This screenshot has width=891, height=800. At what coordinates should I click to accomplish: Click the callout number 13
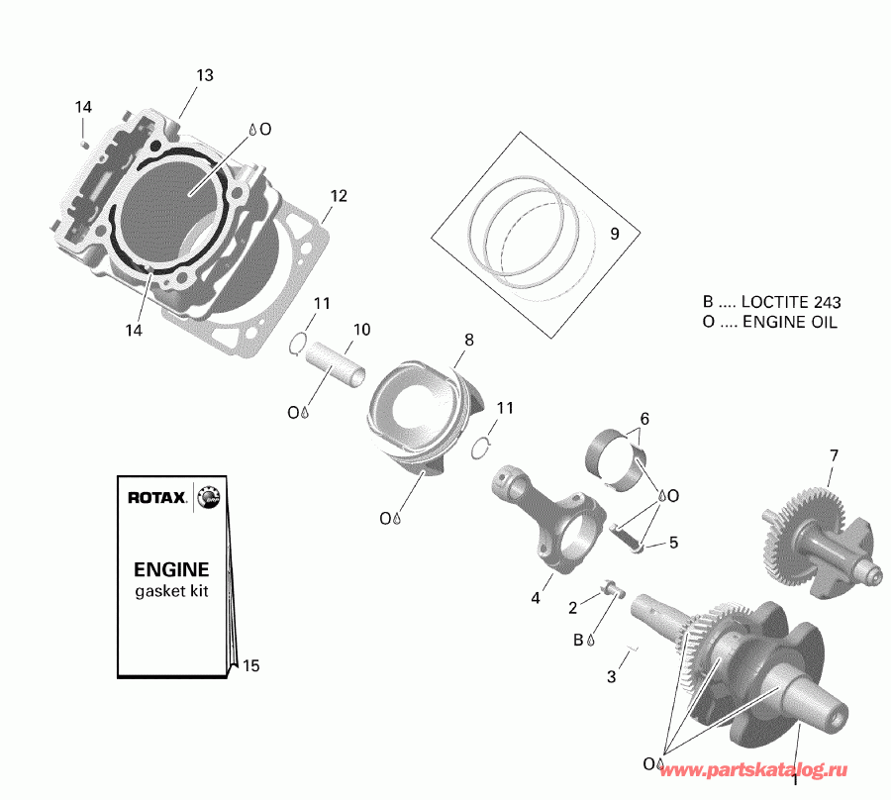click(x=205, y=75)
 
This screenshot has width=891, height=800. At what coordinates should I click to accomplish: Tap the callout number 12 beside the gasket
click(x=339, y=196)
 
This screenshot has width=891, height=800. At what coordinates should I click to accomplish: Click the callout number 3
click(x=611, y=677)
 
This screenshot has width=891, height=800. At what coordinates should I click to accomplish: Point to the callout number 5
click(x=673, y=543)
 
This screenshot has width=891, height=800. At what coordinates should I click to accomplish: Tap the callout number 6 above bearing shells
click(x=643, y=419)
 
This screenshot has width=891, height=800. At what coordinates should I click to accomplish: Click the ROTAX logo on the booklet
click(x=155, y=498)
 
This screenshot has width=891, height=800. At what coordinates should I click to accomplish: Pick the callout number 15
click(x=250, y=666)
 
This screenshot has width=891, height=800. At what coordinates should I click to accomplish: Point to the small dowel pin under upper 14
click(x=84, y=142)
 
